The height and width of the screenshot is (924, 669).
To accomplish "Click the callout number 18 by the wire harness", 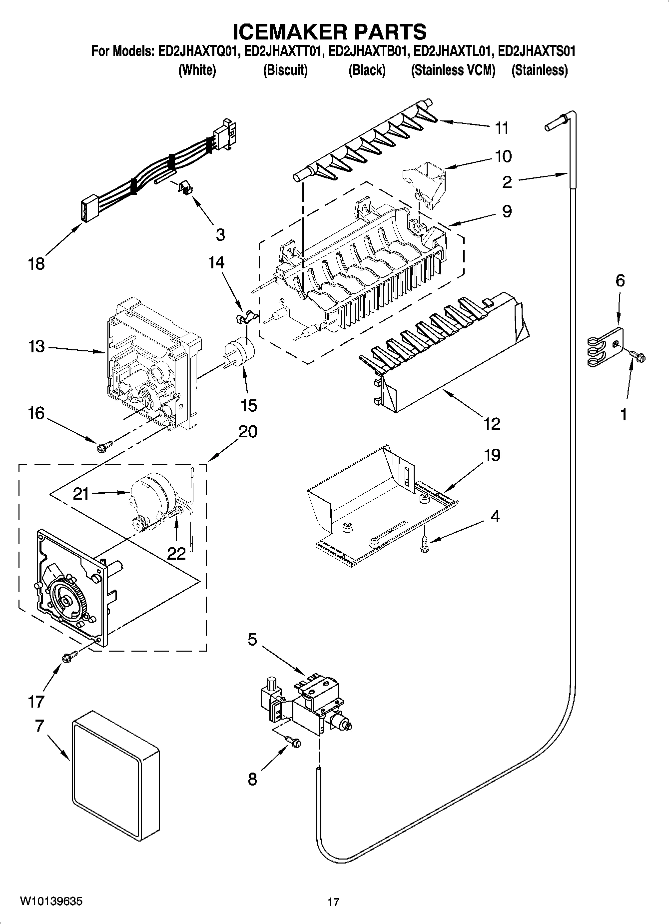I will pos(36,264).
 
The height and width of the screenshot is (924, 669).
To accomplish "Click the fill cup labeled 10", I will pos(424,185).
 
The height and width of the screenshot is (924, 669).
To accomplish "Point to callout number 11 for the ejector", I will pos(502,128).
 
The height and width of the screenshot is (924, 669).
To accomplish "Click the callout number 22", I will pos(177,552).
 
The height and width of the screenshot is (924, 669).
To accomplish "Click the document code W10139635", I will pos(51,901).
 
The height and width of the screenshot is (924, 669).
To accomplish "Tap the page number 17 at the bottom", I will pos(333,902).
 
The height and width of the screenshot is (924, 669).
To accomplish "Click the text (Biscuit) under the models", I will pos(285,70).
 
